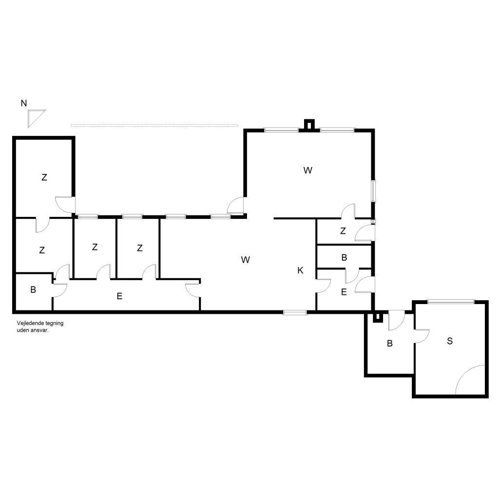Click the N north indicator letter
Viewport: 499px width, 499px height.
(24, 103)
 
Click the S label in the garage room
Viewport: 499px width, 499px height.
(450, 341)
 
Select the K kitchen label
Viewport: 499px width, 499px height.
(300, 270)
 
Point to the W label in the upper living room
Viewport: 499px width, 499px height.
(308, 170)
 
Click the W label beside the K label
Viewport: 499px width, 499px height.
(246, 260)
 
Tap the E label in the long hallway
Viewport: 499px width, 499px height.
(119, 296)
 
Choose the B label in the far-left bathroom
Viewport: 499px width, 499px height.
(33, 289)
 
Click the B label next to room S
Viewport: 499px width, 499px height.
(389, 344)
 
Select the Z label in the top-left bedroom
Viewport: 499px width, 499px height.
(44, 177)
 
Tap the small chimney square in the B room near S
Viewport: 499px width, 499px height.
(378, 317)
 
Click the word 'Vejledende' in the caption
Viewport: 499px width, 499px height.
(31, 323)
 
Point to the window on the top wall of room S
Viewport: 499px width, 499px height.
(451, 301)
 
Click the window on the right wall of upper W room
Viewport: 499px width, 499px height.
(374, 191)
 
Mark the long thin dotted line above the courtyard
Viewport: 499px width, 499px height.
(154, 126)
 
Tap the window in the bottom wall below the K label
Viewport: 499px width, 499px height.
(295, 312)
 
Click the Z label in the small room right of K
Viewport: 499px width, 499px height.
(343, 230)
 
